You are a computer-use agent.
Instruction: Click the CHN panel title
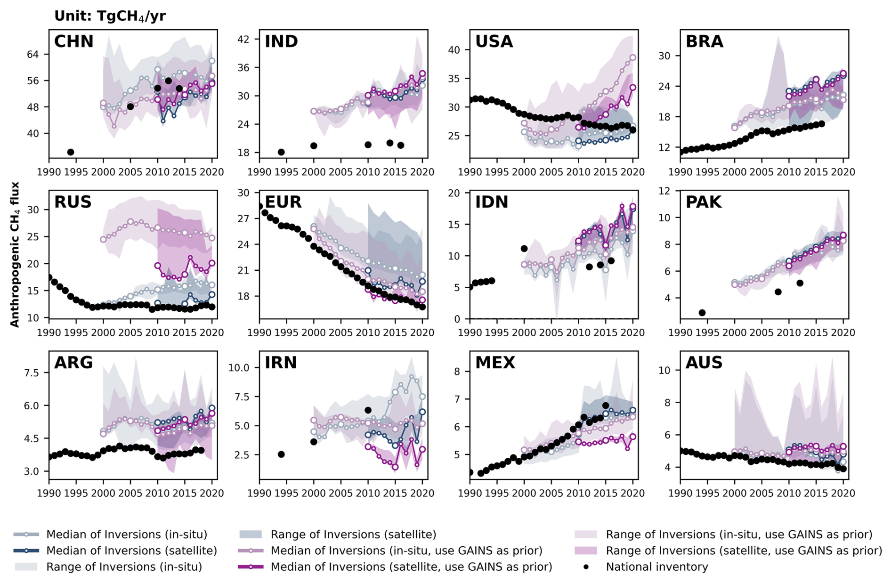[x=74, y=41]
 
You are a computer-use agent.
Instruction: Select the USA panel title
[x=494, y=41]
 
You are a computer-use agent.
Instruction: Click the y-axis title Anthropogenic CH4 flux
[x=15, y=254]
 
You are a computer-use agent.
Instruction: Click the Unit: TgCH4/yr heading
[x=110, y=16]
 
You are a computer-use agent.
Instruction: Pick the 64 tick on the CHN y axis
[x=32, y=55]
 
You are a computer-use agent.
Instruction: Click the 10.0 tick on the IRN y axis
[x=238, y=368]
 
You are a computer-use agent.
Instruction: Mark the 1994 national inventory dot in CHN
[x=71, y=152]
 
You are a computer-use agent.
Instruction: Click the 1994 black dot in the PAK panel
[x=702, y=313]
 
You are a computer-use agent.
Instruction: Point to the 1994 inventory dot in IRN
[x=281, y=454]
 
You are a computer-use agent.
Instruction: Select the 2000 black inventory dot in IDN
[x=524, y=249]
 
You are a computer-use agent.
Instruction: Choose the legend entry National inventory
[x=656, y=567]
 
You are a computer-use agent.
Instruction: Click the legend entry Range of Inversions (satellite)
[x=353, y=534]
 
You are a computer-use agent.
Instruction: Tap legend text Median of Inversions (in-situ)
[x=127, y=534]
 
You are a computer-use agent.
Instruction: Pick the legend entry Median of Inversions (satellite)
[x=131, y=551]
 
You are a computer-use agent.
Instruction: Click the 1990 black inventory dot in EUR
[x=259, y=206]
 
